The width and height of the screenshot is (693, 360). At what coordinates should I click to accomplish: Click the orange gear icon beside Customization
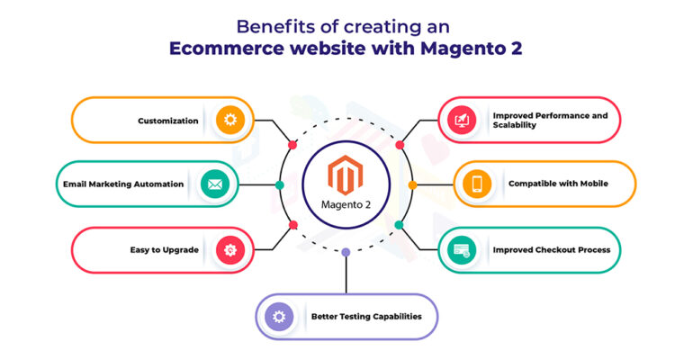pyautogui.click(x=230, y=120)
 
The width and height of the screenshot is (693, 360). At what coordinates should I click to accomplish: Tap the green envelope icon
pyautogui.click(x=215, y=184)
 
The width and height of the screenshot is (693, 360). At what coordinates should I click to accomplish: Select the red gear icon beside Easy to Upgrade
pyautogui.click(x=230, y=250)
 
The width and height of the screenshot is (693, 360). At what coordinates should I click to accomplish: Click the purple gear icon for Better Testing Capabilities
pyautogui.click(x=279, y=317)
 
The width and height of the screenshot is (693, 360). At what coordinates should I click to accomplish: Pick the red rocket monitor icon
pyautogui.click(x=462, y=120)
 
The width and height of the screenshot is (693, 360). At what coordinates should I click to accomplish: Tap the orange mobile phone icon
pyautogui.click(x=477, y=184)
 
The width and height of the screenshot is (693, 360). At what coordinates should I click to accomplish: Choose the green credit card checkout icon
pyautogui.click(x=462, y=250)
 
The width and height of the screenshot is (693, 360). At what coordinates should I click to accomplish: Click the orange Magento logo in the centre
pyautogui.click(x=346, y=175)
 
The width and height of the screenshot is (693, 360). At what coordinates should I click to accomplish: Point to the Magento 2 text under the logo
pyautogui.click(x=346, y=205)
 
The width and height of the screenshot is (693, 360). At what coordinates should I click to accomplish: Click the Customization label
pyautogui.click(x=168, y=121)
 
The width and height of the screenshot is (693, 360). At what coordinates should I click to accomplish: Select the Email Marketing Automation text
pyautogui.click(x=123, y=184)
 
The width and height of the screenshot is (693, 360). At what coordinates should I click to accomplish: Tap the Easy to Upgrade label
pyautogui.click(x=165, y=250)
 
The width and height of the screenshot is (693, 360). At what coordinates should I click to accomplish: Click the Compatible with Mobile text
pyautogui.click(x=558, y=184)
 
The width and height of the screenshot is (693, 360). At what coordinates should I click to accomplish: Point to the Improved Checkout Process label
pyautogui.click(x=552, y=250)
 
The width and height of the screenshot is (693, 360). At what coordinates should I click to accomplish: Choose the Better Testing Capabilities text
pyautogui.click(x=366, y=317)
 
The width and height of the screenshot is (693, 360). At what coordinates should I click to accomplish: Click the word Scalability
pyautogui.click(x=515, y=125)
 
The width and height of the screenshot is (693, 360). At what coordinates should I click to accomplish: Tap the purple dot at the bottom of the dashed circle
pyautogui.click(x=346, y=252)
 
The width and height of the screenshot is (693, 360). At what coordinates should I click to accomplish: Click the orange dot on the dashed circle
pyautogui.click(x=412, y=185)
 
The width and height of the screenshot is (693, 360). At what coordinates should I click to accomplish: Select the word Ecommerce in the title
pyautogui.click(x=226, y=48)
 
